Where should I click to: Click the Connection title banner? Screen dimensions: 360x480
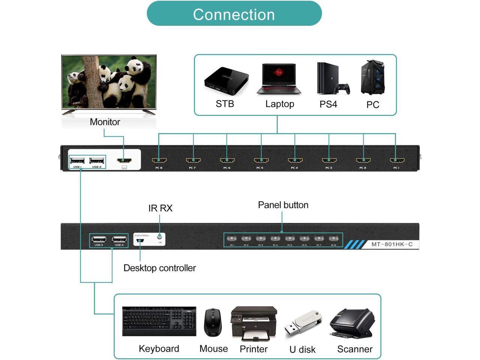[234, 14]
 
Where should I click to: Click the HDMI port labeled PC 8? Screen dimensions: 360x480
[159, 160]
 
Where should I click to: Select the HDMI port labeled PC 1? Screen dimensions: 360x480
[397, 160]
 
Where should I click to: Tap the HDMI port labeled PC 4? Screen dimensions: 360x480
[295, 160]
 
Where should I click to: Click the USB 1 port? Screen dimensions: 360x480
[77, 161]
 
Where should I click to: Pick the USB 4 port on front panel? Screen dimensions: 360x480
[119, 239]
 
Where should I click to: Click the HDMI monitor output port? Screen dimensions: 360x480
[124, 160]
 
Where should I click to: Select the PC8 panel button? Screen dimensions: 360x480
[333, 238]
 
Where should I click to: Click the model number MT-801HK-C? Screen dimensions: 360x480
[392, 244]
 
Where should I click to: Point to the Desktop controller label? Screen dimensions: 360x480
[159, 268]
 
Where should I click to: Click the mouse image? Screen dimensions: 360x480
[213, 322]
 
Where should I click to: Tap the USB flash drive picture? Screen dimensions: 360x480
[303, 323]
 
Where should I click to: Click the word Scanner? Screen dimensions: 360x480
[355, 349]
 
